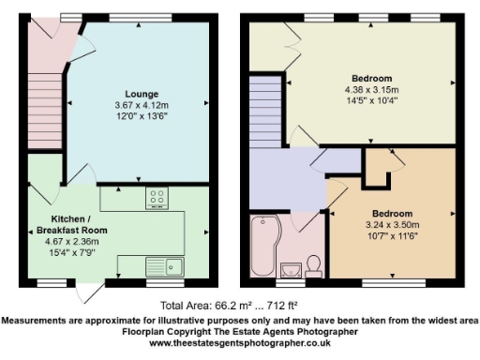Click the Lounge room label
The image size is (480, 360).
tap(142, 94)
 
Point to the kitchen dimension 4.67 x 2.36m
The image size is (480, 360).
tap(66, 240)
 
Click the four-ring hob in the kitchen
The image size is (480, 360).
tap(157, 198)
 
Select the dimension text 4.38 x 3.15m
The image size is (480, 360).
tap(372, 89)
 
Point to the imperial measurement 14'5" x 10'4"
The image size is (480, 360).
tap(372, 99)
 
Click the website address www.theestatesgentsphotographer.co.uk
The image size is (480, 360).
tap(240, 343)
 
